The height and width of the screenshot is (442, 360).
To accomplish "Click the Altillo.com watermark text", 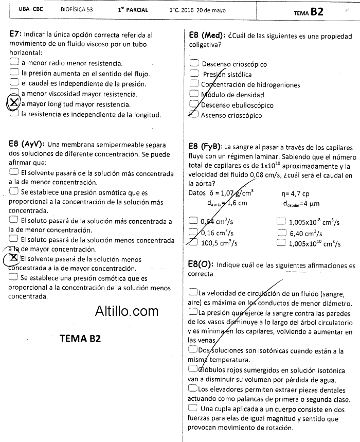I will pos(127,311).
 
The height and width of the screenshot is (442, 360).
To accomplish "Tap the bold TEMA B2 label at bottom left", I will pos(80,339).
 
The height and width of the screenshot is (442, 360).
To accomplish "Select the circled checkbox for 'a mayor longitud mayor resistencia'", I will pos(14,103).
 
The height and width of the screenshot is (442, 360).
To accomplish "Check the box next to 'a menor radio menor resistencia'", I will pos(14,63).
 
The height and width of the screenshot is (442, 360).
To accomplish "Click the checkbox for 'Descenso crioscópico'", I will pos(194,63).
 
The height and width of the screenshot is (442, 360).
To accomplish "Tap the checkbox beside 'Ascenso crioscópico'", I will pos(194,115).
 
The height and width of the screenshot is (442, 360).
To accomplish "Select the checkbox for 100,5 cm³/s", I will pos(193,243).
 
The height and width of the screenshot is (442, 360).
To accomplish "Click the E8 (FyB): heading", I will pos(205,146).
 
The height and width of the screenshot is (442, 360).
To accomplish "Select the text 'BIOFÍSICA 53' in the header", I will pos(77,10).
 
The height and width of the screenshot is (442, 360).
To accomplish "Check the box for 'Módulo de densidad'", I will pos(194,94).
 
